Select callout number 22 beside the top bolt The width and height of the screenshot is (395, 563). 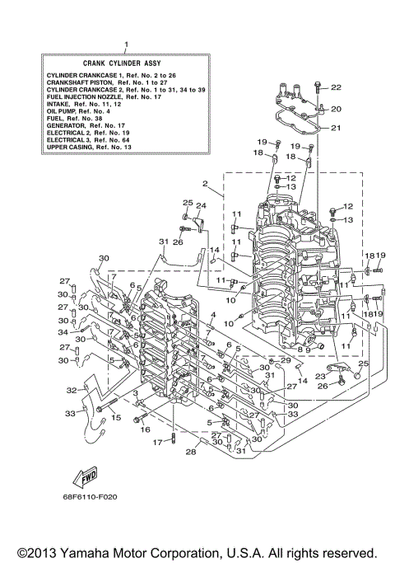[336, 87]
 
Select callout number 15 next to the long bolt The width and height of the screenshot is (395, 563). [116, 418]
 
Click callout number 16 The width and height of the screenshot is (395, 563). [145, 429]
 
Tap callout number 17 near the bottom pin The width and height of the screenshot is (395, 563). [157, 443]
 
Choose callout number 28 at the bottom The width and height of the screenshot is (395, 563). [191, 452]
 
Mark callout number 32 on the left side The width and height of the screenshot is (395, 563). [72, 390]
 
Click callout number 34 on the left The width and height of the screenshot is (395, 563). [63, 332]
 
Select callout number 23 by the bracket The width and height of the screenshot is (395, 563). [319, 375]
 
